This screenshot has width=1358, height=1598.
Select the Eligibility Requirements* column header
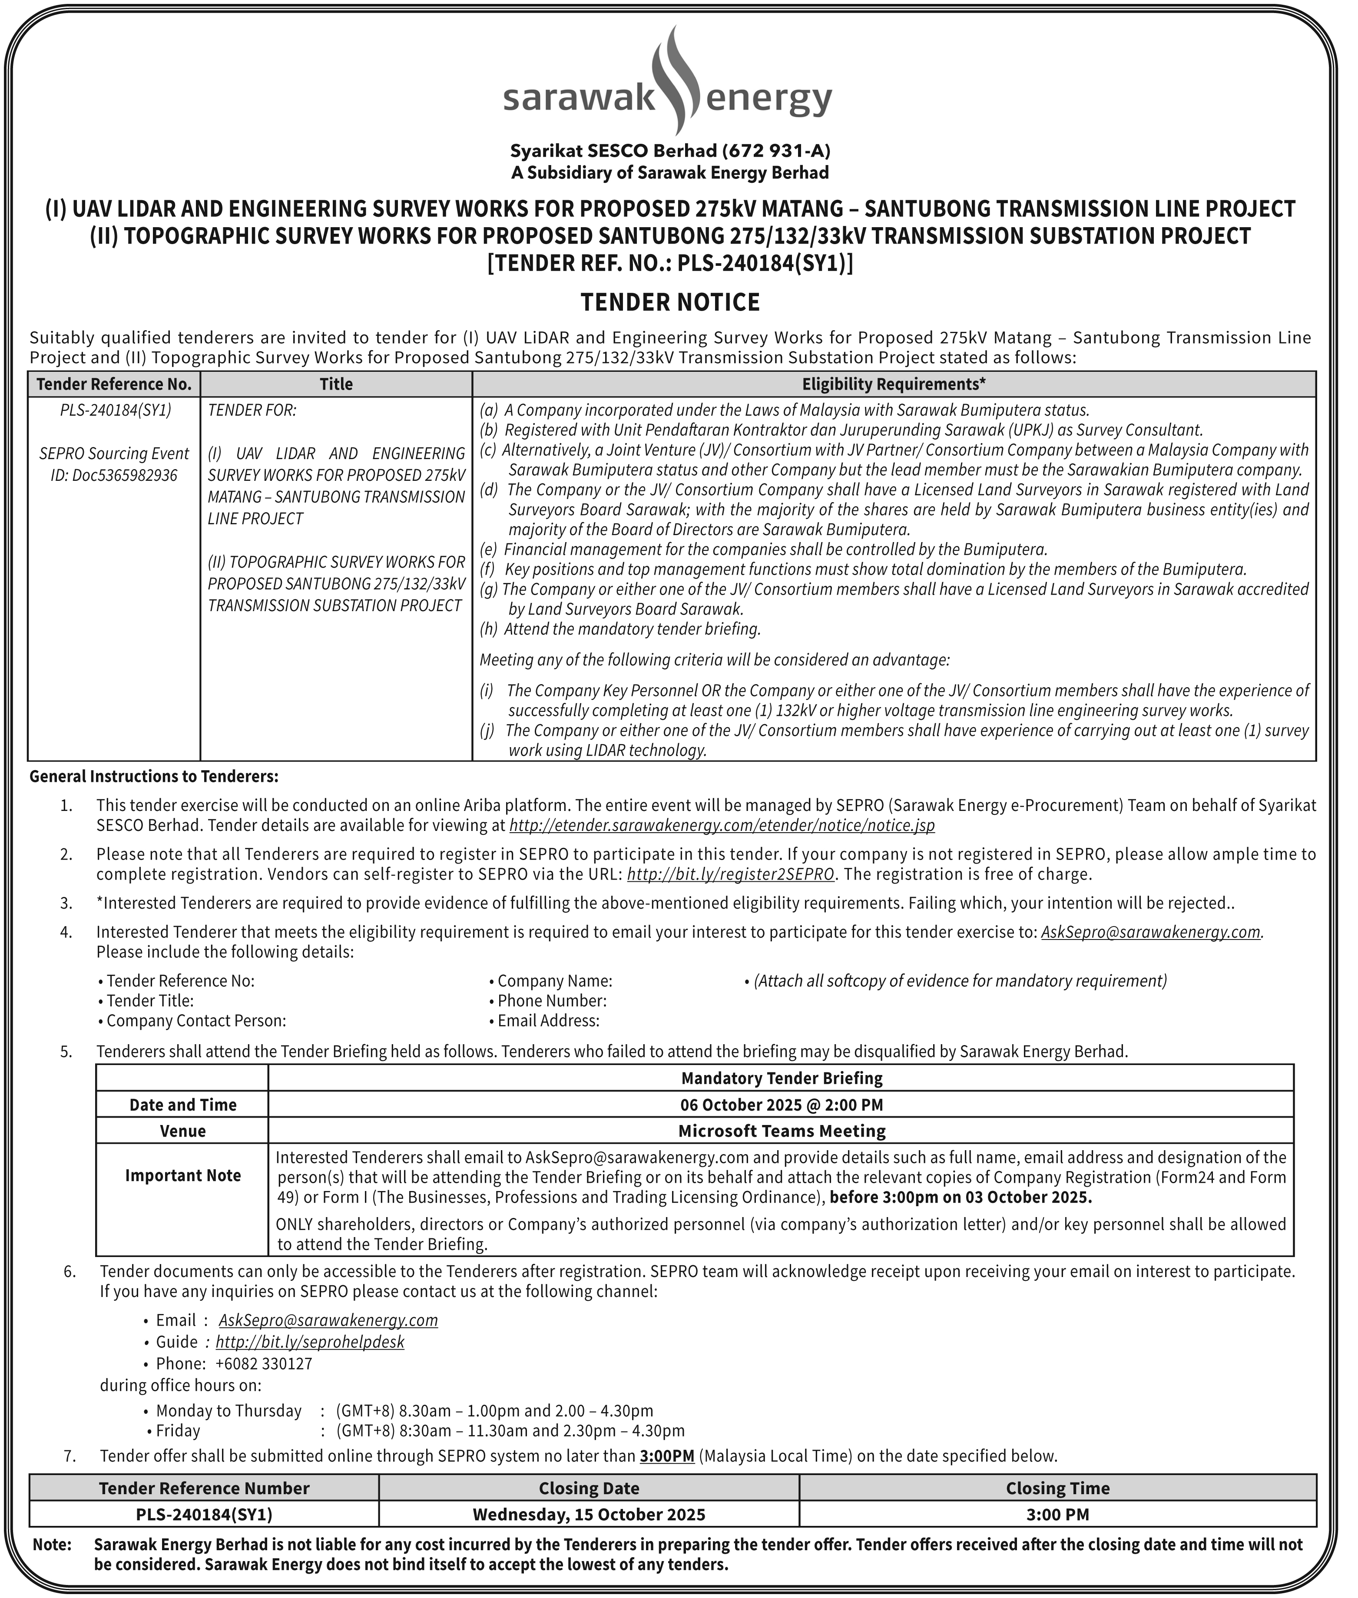pos(894,384)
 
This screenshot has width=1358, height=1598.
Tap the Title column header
pos(336,384)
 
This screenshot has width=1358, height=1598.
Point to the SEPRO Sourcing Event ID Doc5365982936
pos(114,464)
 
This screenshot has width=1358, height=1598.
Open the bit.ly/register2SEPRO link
pos(731,874)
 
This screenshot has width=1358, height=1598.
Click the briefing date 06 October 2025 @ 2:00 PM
pos(781,1105)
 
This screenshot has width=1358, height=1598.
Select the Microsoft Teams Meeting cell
pos(781,1131)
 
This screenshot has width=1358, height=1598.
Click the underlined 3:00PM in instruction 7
pos(667,1456)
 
